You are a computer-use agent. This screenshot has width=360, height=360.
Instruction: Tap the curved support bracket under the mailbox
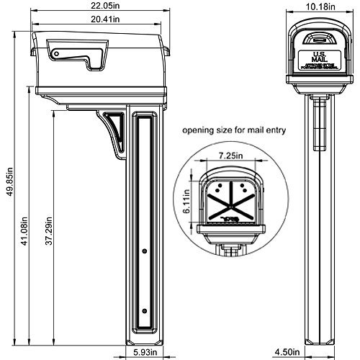[111, 129]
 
